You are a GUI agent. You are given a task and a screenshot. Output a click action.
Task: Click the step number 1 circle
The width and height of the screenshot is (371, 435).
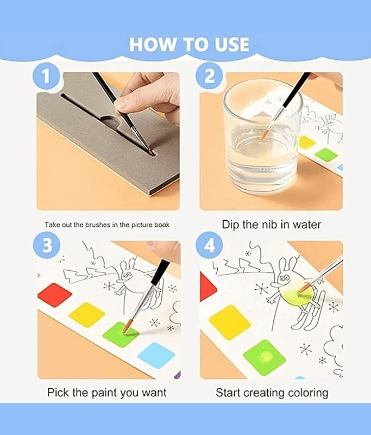pos(46,76)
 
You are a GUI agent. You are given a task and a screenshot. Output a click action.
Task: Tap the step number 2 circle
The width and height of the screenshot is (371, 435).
pos(209,76)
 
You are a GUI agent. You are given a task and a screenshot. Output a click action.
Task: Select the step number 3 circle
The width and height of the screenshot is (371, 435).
pos(47,245)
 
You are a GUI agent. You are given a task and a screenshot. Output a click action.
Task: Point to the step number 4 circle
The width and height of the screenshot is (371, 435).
pos(209,245)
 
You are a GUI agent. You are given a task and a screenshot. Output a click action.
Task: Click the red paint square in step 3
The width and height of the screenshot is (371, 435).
pos(55,295)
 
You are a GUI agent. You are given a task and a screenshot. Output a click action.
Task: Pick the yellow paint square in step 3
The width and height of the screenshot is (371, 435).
pos(87,315)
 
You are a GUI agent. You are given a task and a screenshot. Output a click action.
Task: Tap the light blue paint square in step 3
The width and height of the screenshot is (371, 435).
pos(156,356)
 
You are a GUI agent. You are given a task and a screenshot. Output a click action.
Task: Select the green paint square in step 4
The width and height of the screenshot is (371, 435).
pos(265,357)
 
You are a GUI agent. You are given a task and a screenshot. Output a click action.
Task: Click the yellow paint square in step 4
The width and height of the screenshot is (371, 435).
pos(230,322)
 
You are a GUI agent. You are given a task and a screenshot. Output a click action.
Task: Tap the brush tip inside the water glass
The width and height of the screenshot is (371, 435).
pos(265,134)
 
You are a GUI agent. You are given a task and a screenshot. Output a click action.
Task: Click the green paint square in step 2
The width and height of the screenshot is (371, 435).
pos(326,154)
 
